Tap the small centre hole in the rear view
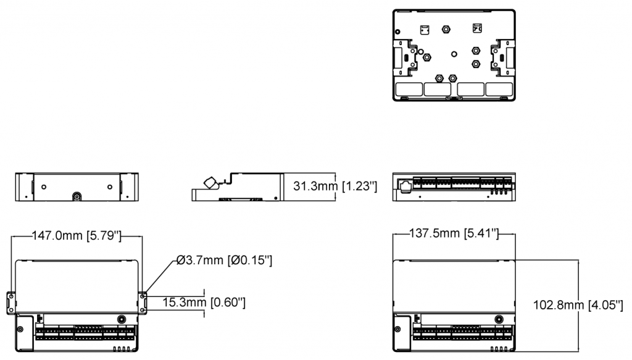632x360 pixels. click(454, 54)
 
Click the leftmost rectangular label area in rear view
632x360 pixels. click(408, 89)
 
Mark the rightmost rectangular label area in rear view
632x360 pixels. click(499, 89)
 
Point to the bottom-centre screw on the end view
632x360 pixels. click(77, 197)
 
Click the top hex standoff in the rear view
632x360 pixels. click(445, 28)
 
